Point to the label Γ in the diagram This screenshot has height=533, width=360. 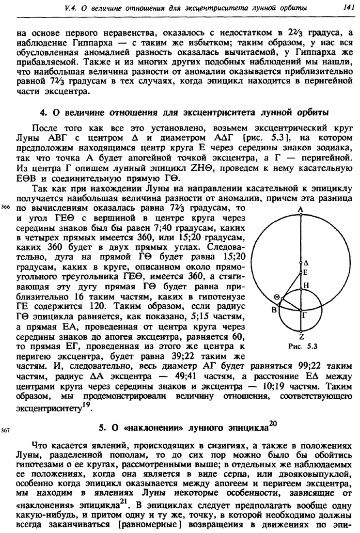click(x=305, y=314)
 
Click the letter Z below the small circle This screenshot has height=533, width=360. click(x=301, y=338)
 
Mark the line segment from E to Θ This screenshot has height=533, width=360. click(x=291, y=286)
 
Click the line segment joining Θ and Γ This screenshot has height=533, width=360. click(x=291, y=305)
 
